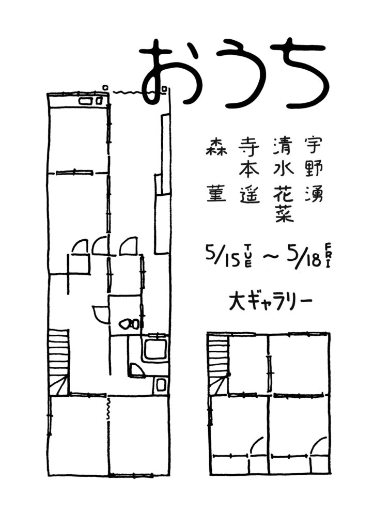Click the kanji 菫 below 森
point(216,195)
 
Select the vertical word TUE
point(248,256)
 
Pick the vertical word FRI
point(328,255)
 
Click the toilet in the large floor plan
point(129,324)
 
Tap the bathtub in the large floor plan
point(155,350)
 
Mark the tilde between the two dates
point(270,258)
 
